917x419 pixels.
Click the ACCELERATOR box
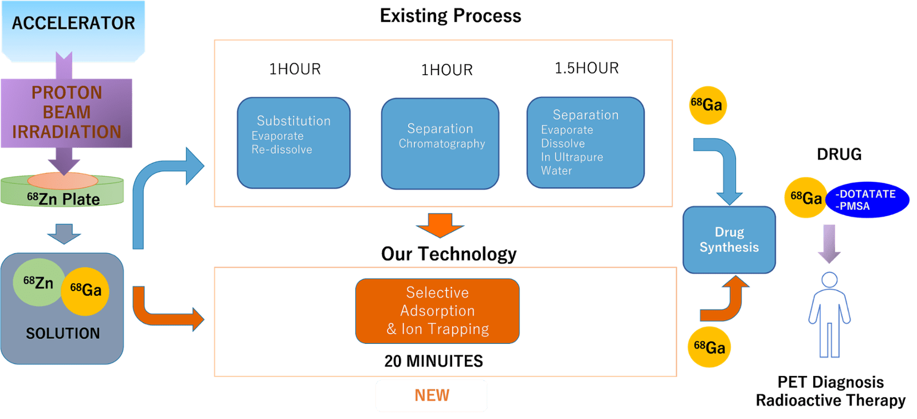[73, 29]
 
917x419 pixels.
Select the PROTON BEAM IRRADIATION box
[66, 112]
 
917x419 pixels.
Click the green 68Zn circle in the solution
[38, 283]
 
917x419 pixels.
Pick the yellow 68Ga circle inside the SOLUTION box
[85, 291]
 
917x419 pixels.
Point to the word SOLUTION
[62, 333]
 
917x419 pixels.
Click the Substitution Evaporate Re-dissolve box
[293, 143]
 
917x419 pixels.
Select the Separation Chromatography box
[440, 143]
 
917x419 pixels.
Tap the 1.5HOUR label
[586, 68]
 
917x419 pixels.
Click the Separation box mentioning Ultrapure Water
[585, 143]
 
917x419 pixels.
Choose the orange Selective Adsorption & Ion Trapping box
[437, 311]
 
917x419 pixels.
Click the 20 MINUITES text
[433, 361]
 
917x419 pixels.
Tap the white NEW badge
[432, 395]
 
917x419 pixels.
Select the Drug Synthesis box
[729, 240]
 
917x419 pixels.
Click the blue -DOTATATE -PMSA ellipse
[867, 200]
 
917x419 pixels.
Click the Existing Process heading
[450, 16]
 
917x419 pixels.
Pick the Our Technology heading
[449, 253]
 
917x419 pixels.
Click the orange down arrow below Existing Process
[440, 225]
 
